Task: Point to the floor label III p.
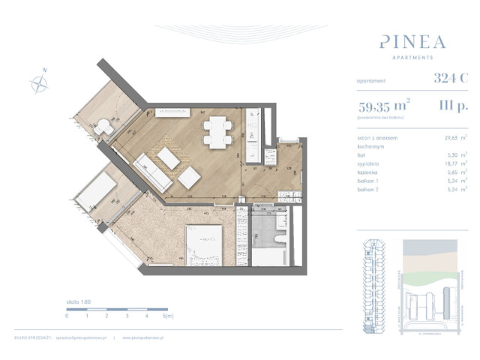pos(449,106)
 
